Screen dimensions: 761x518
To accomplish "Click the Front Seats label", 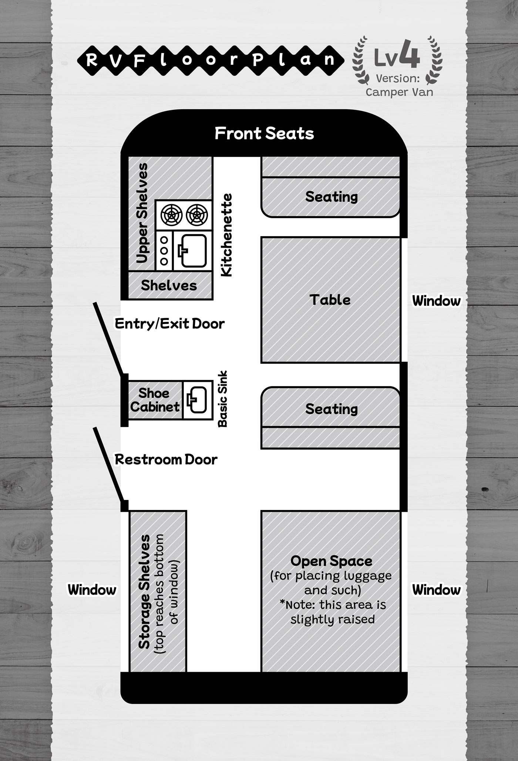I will pyautogui.click(x=264, y=133).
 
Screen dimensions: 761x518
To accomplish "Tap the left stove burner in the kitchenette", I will pyautogui.click(x=171, y=215).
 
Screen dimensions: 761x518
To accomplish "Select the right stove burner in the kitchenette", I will pyautogui.click(x=197, y=215).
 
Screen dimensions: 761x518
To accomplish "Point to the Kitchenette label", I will pyautogui.click(x=226, y=235).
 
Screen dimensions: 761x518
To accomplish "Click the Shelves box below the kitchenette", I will pyautogui.click(x=169, y=285).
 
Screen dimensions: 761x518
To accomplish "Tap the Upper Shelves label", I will pyautogui.click(x=142, y=213).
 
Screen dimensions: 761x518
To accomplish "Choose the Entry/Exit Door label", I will pyautogui.click(x=169, y=324).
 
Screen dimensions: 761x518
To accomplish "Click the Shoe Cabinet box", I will pyautogui.click(x=155, y=400).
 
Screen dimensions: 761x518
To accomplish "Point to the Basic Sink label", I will pyautogui.click(x=223, y=399).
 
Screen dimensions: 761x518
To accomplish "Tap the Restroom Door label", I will pyautogui.click(x=166, y=460).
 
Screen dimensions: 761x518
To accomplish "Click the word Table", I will pyautogui.click(x=330, y=300).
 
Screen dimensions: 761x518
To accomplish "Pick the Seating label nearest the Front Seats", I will pyautogui.click(x=332, y=197).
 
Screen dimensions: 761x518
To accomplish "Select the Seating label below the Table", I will pyautogui.click(x=332, y=409).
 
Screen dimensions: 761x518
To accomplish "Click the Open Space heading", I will pyautogui.click(x=332, y=561).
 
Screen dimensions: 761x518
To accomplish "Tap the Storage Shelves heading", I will pyautogui.click(x=144, y=591).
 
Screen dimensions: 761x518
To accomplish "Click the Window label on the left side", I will pyautogui.click(x=92, y=590).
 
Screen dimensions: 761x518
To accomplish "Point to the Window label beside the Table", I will pyautogui.click(x=436, y=301).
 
